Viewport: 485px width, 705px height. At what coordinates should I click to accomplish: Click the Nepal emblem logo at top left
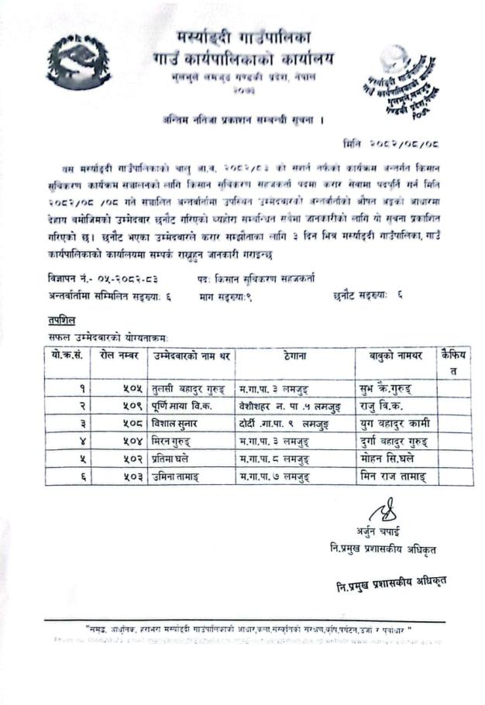(x=78, y=63)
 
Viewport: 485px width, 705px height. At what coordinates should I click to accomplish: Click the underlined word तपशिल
(x=62, y=321)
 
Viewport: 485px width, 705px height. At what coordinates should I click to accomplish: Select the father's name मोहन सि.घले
(x=391, y=459)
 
